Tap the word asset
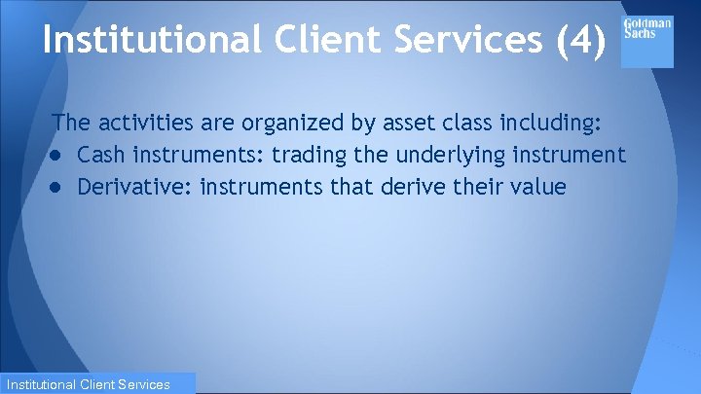click(x=391, y=124)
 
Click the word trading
click(x=303, y=155)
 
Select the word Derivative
click(x=131, y=186)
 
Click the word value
click(x=538, y=186)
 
